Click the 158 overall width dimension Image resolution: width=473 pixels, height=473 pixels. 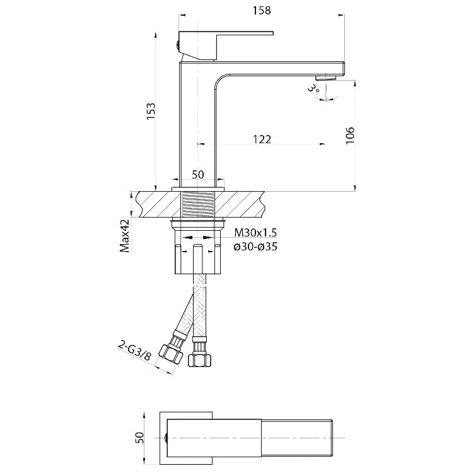262,11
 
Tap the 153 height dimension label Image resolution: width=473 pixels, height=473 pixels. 151,111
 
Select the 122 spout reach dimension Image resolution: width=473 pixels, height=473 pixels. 262,139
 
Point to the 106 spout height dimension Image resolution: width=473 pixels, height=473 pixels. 349,136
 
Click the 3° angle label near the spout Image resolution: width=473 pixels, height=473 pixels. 313,88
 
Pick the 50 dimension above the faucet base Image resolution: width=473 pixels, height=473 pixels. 198,175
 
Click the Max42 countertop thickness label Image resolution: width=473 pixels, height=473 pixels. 125,236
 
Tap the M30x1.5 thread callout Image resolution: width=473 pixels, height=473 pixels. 255,233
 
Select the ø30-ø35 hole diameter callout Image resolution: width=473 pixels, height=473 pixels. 255,247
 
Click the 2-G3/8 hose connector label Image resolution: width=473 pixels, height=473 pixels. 134,350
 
